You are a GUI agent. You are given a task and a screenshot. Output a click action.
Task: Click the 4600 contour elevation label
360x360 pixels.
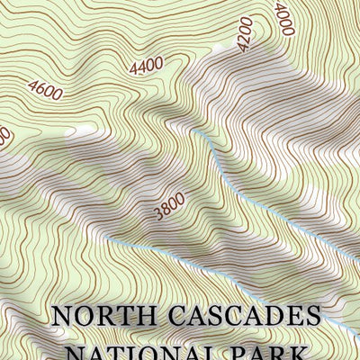(x=45, y=90)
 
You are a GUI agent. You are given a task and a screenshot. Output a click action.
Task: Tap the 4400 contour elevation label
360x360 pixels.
(x=146, y=65)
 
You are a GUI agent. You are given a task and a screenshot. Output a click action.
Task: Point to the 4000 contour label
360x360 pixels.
(x=285, y=18)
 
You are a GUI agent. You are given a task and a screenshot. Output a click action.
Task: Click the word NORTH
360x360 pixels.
(x=98, y=317)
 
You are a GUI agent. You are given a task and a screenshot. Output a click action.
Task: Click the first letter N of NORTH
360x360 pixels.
(x=61, y=317)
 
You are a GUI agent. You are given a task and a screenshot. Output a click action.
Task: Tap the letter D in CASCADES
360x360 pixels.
(x=277, y=317)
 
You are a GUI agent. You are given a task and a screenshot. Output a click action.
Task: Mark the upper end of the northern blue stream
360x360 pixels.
(x=195, y=132)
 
